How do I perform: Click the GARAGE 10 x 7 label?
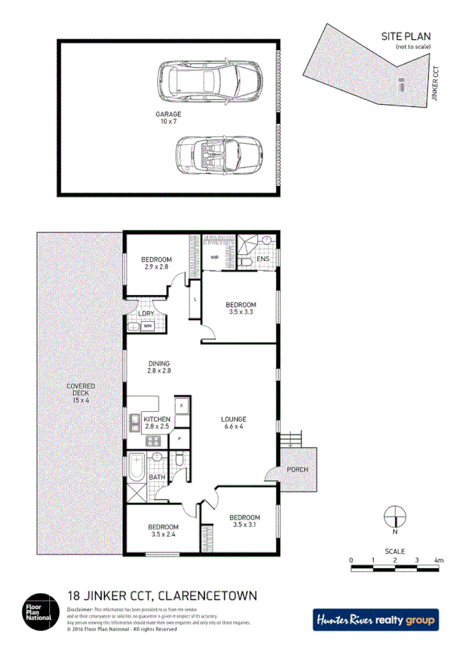point(170,118)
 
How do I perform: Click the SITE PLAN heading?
point(406,36)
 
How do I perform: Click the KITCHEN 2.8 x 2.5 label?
point(151,423)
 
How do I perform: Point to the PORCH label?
point(296,469)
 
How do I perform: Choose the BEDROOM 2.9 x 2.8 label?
point(156,263)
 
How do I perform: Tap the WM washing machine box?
point(147,326)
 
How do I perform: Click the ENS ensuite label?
point(262,260)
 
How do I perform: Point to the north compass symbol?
point(394,515)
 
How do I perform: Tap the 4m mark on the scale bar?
point(439,560)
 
